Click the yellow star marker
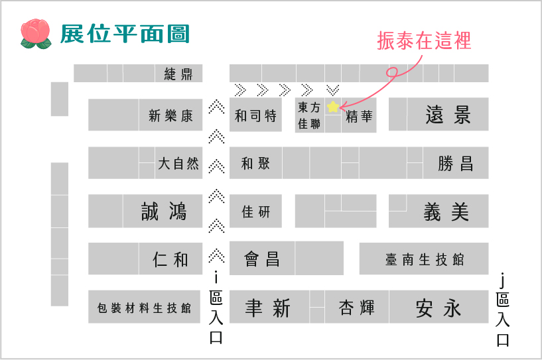[333, 107]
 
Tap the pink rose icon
[36, 34]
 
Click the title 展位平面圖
[125, 34]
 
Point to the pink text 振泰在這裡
[424, 40]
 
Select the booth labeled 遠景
[448, 115]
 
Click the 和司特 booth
[255, 115]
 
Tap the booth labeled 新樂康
[170, 115]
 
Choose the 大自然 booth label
[178, 163]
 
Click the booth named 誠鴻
[163, 211]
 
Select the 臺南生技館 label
[425, 259]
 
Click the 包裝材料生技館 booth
[144, 307]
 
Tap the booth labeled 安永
[439, 307]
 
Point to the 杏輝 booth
[357, 307]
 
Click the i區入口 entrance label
[216, 308]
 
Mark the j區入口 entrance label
[503, 310]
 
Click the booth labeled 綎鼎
[178, 73]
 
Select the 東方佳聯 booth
[310, 115]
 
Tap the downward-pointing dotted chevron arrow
[333, 90]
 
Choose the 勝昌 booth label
[456, 163]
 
